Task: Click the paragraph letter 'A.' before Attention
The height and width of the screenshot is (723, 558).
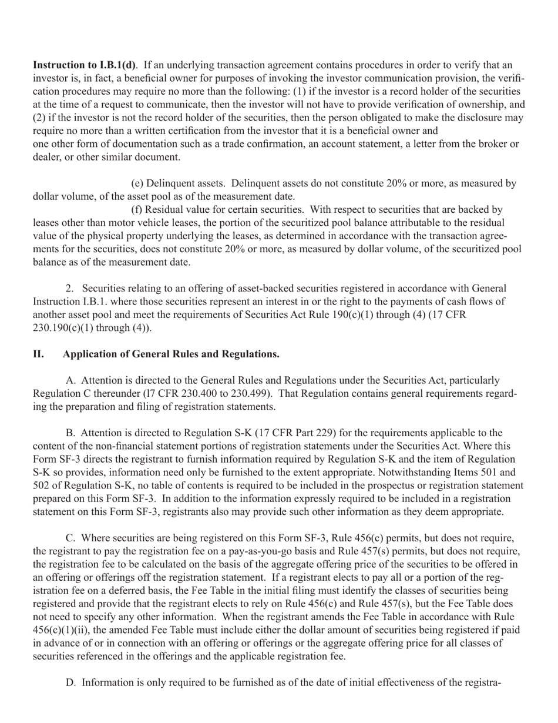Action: (x=72, y=381)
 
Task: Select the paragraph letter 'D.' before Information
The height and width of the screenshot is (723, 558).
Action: (x=72, y=682)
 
